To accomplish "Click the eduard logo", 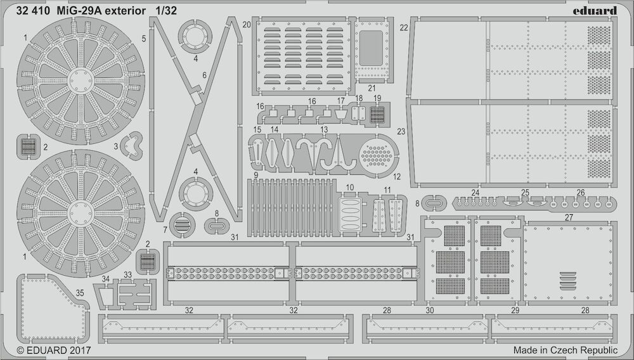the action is point(595,11).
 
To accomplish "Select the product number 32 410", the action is point(33,11).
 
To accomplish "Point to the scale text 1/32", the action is point(165,11).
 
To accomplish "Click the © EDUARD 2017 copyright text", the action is point(54,350).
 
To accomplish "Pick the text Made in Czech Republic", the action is point(566,350).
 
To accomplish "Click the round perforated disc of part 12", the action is point(376,156).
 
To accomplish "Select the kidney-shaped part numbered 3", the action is point(133,145).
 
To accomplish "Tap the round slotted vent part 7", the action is point(182,224).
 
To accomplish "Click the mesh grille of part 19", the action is point(377,115).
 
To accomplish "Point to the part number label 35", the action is point(80,293).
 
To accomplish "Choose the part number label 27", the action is point(569,217).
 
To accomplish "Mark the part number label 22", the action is point(404,27).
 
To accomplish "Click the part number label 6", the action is point(205,75).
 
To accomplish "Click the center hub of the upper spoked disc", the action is point(81,80).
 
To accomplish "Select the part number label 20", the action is point(247,25).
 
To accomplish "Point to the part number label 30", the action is point(430,311).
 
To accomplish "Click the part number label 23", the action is point(401,132).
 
